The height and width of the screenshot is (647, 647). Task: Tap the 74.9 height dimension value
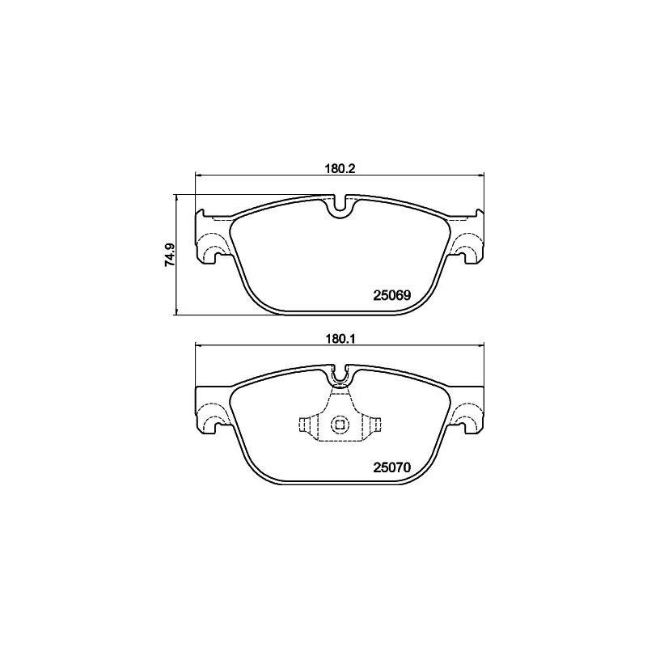point(169,255)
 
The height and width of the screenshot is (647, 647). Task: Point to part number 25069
point(392,296)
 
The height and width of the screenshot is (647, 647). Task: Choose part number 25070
point(392,467)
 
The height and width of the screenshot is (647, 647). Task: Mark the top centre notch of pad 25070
point(340,377)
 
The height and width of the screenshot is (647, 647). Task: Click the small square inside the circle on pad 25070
point(340,425)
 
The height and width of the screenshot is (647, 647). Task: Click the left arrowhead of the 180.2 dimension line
point(200,176)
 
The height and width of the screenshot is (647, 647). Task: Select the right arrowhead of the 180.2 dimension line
point(480,176)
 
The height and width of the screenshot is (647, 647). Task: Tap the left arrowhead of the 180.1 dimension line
point(200,348)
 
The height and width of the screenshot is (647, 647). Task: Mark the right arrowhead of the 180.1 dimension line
point(480,348)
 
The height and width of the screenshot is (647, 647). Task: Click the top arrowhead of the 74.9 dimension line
point(176,197)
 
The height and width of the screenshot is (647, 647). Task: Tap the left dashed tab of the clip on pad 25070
point(306,425)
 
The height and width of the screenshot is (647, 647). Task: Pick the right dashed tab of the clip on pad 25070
point(374,425)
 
